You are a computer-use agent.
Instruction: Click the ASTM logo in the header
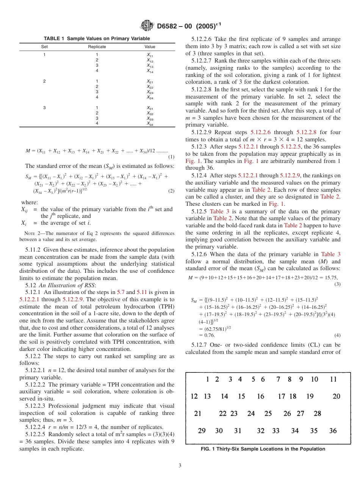tap(147, 25)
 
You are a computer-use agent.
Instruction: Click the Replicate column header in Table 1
tap(97, 47)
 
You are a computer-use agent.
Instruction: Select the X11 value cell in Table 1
tap(150, 55)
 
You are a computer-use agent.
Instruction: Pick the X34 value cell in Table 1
tap(150, 124)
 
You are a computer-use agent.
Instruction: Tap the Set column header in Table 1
tap(44, 47)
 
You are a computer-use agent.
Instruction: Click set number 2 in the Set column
tap(44, 81)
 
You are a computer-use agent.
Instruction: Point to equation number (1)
tap(171, 157)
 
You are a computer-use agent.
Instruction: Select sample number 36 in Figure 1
tap(333, 430)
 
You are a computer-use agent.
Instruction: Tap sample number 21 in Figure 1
tap(197, 413)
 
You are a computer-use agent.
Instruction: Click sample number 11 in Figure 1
tap(333, 379)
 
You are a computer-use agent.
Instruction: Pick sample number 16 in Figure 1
tap(260, 396)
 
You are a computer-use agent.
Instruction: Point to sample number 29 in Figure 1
tap(202, 430)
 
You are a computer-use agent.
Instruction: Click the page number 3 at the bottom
tap(180, 465)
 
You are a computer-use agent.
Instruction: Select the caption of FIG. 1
tap(263, 449)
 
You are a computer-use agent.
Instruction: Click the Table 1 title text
tap(97, 39)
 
